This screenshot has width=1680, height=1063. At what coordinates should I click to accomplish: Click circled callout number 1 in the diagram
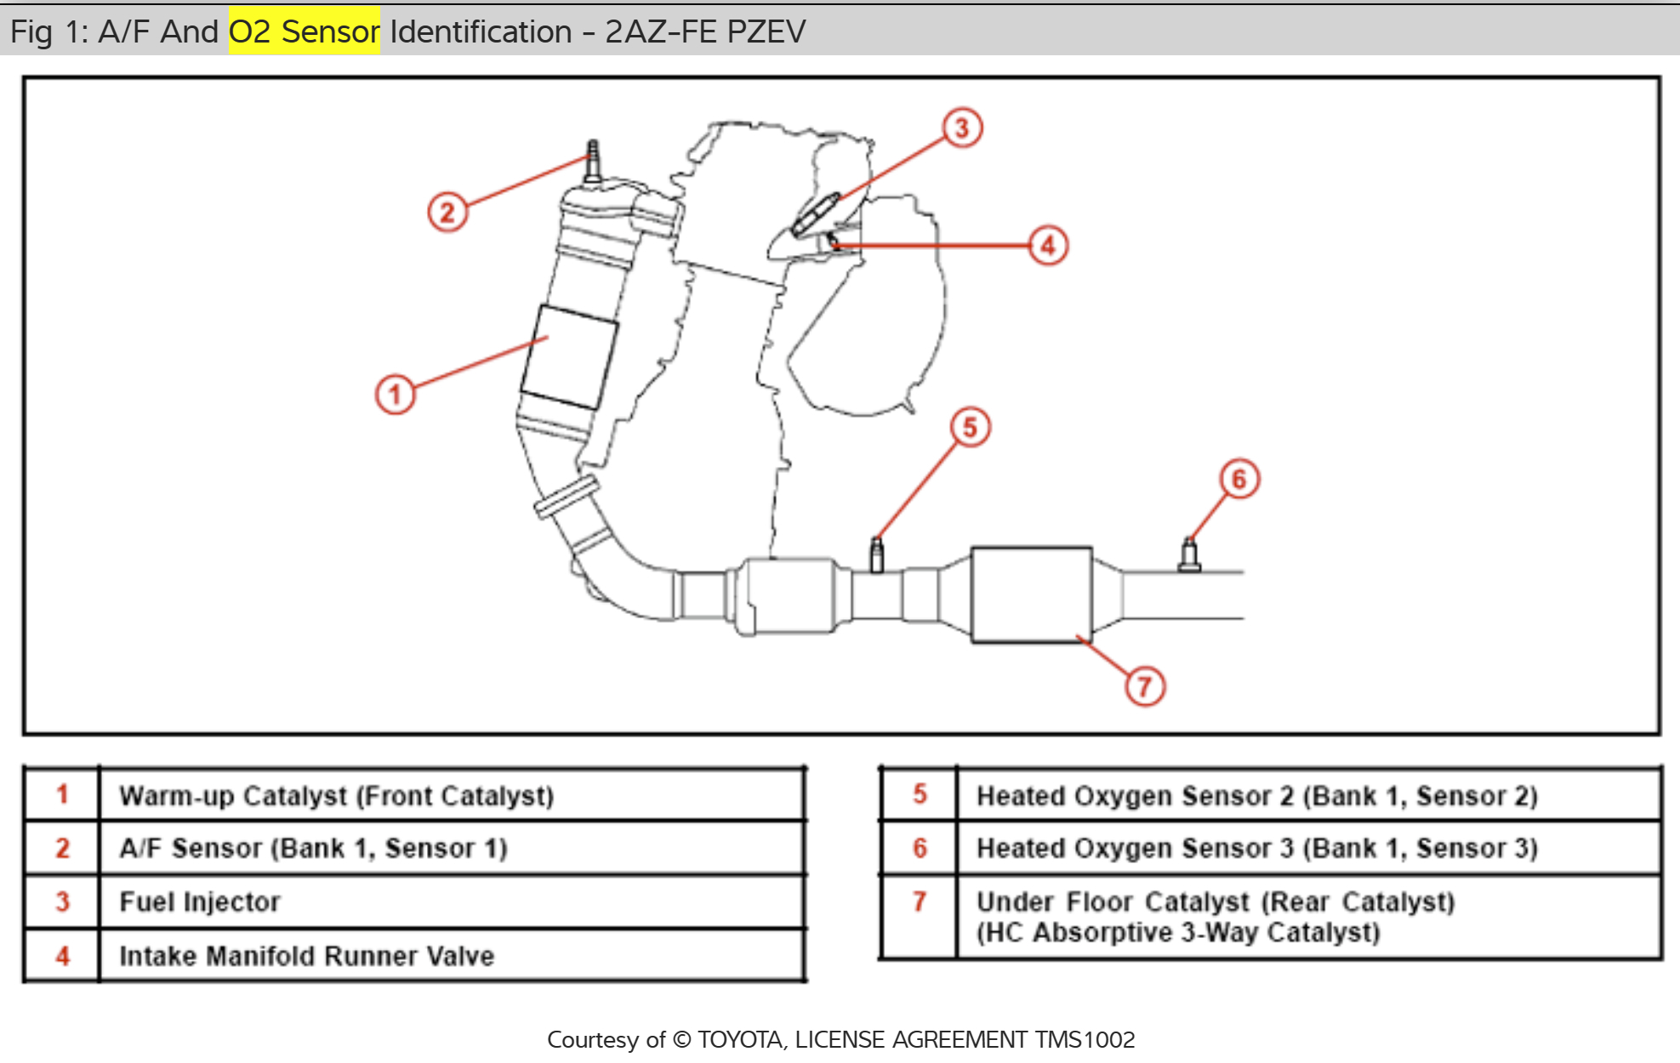point(395,395)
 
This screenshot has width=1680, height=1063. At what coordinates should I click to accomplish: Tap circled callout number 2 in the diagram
point(447,212)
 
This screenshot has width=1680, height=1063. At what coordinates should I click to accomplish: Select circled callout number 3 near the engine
point(962,128)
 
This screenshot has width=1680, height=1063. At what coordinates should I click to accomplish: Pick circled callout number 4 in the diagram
point(1048,246)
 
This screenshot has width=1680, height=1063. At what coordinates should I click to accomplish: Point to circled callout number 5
point(971,427)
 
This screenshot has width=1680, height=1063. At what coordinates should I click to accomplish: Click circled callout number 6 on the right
point(1239,480)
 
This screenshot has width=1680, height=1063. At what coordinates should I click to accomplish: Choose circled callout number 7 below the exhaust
point(1145,686)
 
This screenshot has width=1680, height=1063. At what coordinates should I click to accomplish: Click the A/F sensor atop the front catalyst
point(593,162)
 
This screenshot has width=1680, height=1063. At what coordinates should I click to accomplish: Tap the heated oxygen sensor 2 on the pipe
point(876,555)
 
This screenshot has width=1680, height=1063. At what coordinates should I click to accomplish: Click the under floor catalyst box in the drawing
point(1031,594)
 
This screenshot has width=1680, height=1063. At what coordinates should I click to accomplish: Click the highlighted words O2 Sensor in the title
point(304,31)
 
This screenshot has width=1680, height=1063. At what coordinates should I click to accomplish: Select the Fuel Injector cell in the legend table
point(200,901)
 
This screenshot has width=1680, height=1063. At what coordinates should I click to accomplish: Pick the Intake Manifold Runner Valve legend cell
point(306,956)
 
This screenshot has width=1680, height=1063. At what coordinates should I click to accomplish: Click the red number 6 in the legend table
point(920,848)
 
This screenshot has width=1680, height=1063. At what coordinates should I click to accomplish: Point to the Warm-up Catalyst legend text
point(336,796)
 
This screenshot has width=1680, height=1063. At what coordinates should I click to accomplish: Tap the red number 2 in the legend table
point(62,848)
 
